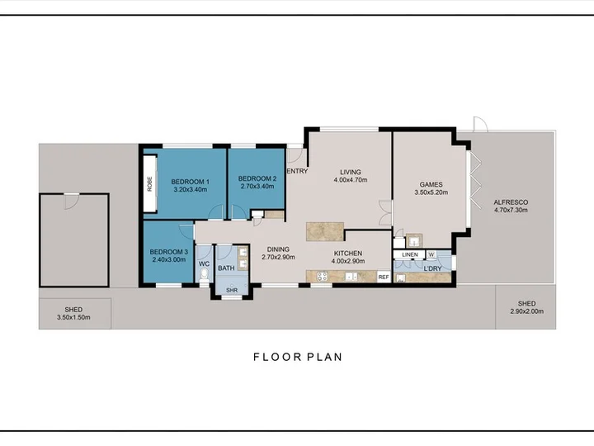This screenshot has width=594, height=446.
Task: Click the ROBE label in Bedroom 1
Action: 149,183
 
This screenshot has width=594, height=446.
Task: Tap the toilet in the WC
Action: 205,275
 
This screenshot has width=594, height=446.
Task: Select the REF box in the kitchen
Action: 384,277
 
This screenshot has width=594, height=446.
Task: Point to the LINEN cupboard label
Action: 410,254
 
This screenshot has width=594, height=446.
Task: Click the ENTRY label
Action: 297,171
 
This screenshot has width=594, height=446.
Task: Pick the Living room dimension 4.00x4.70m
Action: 351,180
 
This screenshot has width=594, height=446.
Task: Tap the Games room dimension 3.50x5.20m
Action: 431,192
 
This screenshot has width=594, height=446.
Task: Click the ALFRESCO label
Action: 511,202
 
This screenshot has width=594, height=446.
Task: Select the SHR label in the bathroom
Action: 232,290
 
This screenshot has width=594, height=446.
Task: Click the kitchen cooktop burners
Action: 323,277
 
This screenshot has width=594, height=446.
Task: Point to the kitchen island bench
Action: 325,231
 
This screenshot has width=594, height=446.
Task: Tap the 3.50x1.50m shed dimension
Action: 73,317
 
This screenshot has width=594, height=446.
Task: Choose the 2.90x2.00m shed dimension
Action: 526,311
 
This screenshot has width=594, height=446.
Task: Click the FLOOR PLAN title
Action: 298,357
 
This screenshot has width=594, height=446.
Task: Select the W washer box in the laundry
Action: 431,254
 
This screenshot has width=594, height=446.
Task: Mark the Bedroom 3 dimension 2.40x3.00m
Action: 169,260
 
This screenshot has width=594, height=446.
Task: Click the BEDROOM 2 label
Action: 257,178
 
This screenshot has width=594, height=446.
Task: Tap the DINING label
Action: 278,249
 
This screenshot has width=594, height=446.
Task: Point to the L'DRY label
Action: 432,268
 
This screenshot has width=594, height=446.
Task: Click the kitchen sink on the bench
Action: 351,277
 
